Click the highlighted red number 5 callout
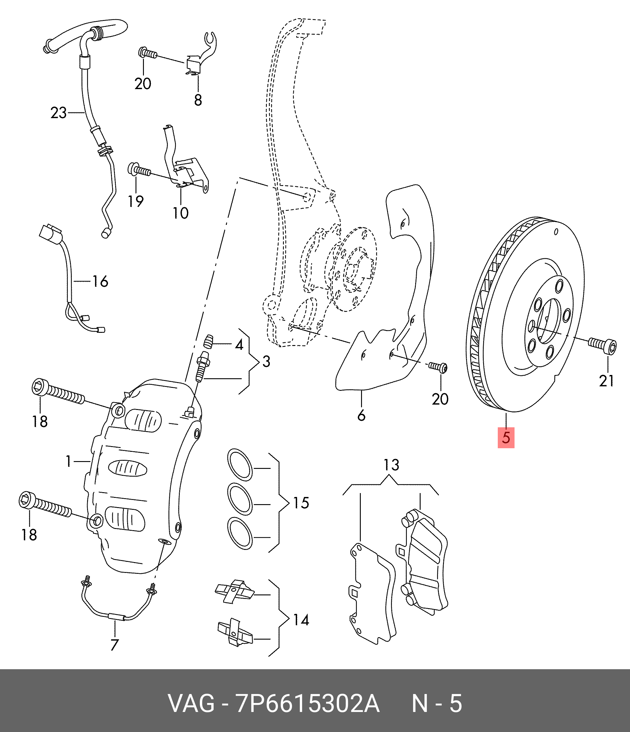click(506, 437)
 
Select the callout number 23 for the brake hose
click(58, 113)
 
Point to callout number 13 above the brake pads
click(391, 465)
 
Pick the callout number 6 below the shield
click(361, 415)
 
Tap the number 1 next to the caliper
click(69, 461)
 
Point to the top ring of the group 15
click(240, 465)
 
